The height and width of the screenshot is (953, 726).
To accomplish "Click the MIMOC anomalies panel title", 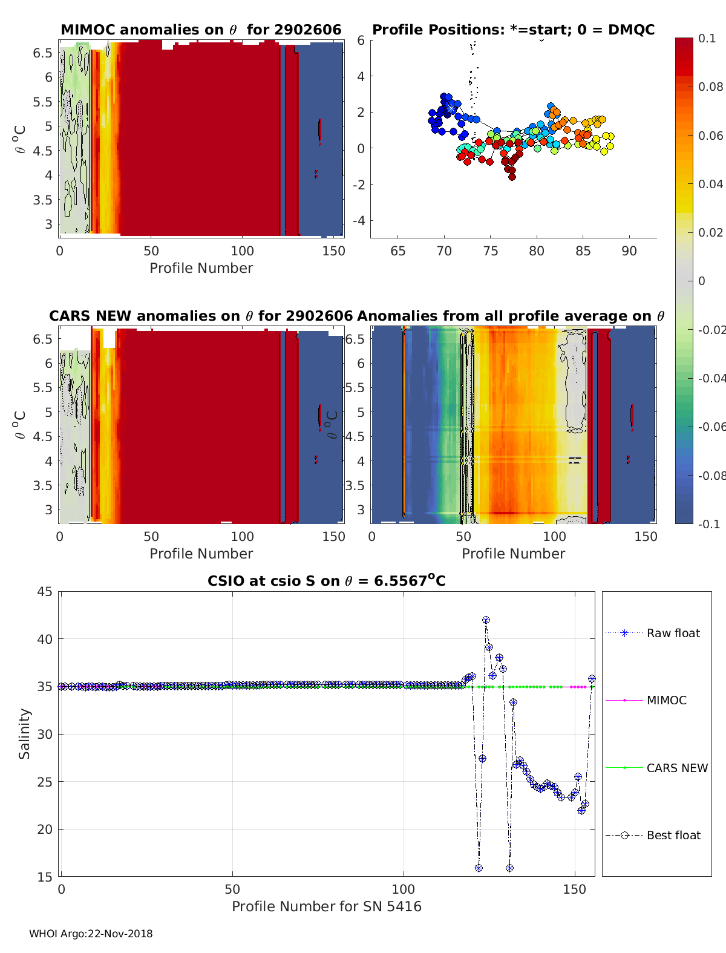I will (201, 30).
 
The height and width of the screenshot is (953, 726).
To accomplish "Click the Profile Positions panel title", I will (513, 30).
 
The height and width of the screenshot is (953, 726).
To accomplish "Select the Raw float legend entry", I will (673, 633).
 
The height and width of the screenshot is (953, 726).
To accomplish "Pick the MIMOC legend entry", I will (666, 700).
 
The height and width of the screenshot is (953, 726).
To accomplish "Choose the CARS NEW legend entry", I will (676, 768).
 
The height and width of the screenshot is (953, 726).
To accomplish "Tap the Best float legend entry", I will (673, 835).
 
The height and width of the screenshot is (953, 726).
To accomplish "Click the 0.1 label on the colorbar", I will (706, 38).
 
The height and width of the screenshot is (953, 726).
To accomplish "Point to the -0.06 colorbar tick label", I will (710, 427).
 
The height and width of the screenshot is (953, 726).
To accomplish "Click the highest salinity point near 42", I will (486, 620).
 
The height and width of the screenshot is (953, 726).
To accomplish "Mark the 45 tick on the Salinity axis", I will (45, 592).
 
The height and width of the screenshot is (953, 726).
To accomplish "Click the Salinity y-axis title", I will (24, 733).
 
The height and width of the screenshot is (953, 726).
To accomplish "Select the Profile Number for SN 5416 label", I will (327, 906).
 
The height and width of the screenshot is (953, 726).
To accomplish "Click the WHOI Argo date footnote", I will (91, 934).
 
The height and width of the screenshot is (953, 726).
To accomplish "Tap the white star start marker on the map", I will (451, 108).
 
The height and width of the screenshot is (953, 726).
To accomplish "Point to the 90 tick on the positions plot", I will (629, 251).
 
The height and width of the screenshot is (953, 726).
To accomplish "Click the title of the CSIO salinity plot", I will (327, 581).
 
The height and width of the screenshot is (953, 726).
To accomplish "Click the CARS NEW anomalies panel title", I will (201, 316).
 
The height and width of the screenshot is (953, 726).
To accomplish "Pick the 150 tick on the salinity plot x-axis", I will (574, 889).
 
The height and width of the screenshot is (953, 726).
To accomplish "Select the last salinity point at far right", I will (592, 679).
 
